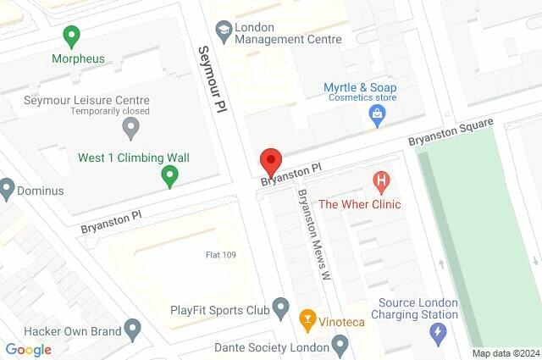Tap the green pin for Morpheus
point(71,36)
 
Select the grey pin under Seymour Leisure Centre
point(130,129)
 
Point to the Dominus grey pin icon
point(7,186)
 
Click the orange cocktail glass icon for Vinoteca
point(307,320)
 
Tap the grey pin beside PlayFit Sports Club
point(282,307)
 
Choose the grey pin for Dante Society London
point(340,345)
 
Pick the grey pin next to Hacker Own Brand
point(131,328)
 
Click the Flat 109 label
point(224,254)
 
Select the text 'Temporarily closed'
point(111,111)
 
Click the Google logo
point(28,349)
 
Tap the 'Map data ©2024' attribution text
point(505,353)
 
